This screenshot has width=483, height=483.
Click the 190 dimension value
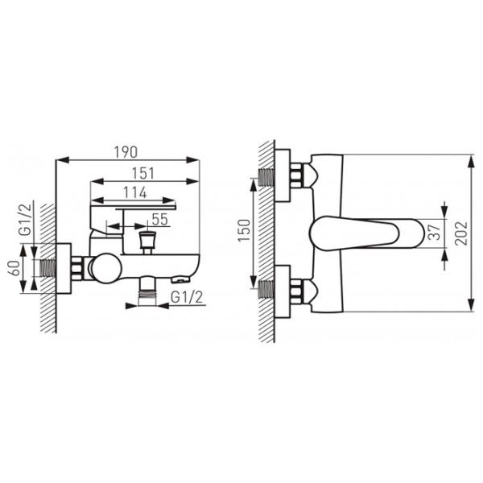pyautogui.click(x=126, y=152)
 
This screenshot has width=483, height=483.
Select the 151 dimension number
pyautogui.click(x=143, y=173)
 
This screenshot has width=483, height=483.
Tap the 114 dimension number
pyautogui.click(x=135, y=192)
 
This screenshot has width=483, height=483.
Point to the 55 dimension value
pyautogui.click(x=160, y=219)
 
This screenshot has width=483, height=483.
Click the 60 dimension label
pyautogui.click(x=14, y=268)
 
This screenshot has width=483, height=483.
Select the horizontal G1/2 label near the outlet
pyautogui.click(x=187, y=298)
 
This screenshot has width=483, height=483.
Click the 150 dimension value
pyautogui.click(x=244, y=231)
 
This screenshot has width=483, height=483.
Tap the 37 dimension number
pyautogui.click(x=435, y=233)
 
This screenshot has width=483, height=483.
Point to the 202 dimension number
pyautogui.click(x=461, y=233)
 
